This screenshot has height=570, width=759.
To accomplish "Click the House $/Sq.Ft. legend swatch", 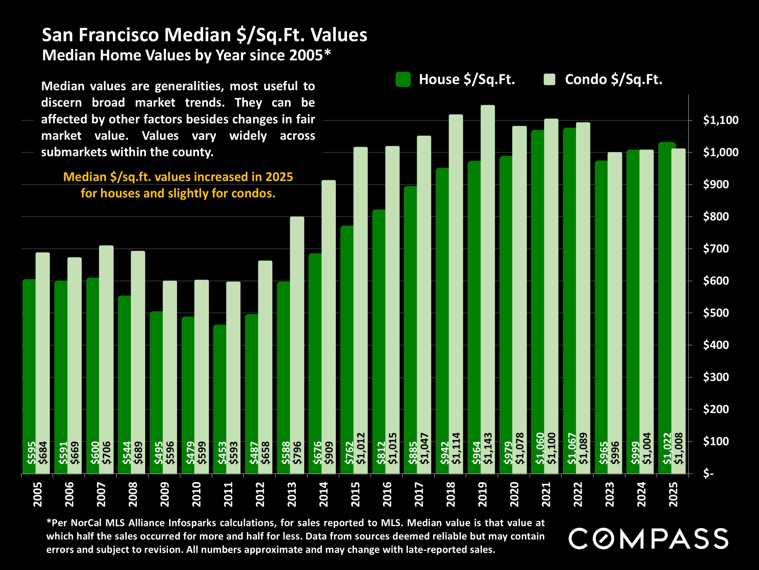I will pos(403,79).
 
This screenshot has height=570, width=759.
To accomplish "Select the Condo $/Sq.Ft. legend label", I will pos(613,79).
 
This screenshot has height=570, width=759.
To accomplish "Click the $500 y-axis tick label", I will pos(716,313).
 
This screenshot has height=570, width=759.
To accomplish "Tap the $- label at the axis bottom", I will pos(708,473).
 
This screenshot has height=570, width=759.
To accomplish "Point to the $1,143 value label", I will pos(488,448).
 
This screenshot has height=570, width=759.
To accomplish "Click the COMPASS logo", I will pos(648,538).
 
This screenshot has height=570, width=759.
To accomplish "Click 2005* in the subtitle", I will pos(310,55).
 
